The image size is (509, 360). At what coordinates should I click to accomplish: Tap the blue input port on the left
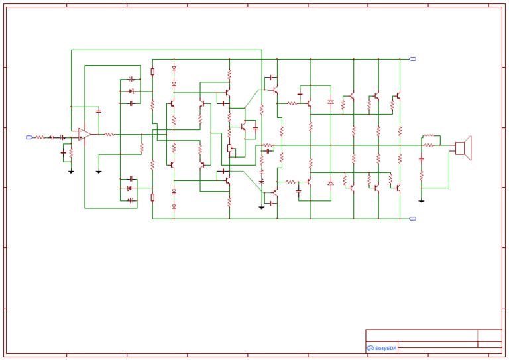point(28,137)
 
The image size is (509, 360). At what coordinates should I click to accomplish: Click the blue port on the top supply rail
point(413,59)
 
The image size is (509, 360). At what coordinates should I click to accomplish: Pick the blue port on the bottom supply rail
point(413,219)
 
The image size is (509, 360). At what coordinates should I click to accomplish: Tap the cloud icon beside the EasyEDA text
point(370,348)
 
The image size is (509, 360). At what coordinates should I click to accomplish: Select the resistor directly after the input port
point(40,137)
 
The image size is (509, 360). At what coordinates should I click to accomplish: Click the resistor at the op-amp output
point(109,135)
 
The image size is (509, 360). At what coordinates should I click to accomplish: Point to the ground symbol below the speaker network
point(422,200)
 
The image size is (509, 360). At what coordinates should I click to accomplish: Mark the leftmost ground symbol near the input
point(71,171)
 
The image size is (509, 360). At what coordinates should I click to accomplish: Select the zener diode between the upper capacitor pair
point(131,91)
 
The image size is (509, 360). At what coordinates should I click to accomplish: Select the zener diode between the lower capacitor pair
point(129,188)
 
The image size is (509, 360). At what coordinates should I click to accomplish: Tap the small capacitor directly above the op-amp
point(99,111)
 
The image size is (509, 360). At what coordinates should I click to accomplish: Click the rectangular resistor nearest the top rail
point(152,72)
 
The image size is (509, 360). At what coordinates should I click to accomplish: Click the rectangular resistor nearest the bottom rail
point(152,197)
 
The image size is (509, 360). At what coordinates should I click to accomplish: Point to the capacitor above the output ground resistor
point(422,160)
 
